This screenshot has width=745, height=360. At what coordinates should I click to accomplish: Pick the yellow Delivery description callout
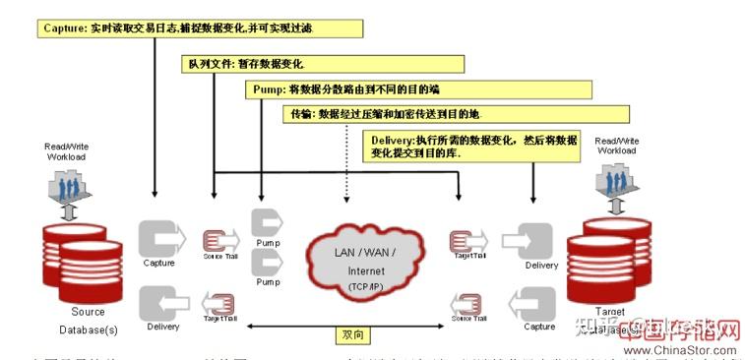click(x=476, y=147)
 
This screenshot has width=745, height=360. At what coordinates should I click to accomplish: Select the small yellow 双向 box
click(x=351, y=335)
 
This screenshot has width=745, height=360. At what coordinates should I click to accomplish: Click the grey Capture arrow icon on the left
click(x=160, y=239)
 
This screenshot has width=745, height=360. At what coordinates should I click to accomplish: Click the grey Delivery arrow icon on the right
click(x=539, y=242)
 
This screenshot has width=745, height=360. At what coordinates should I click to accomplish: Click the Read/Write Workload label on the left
click(x=65, y=150)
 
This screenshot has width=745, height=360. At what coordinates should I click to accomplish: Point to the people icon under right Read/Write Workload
click(x=617, y=181)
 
